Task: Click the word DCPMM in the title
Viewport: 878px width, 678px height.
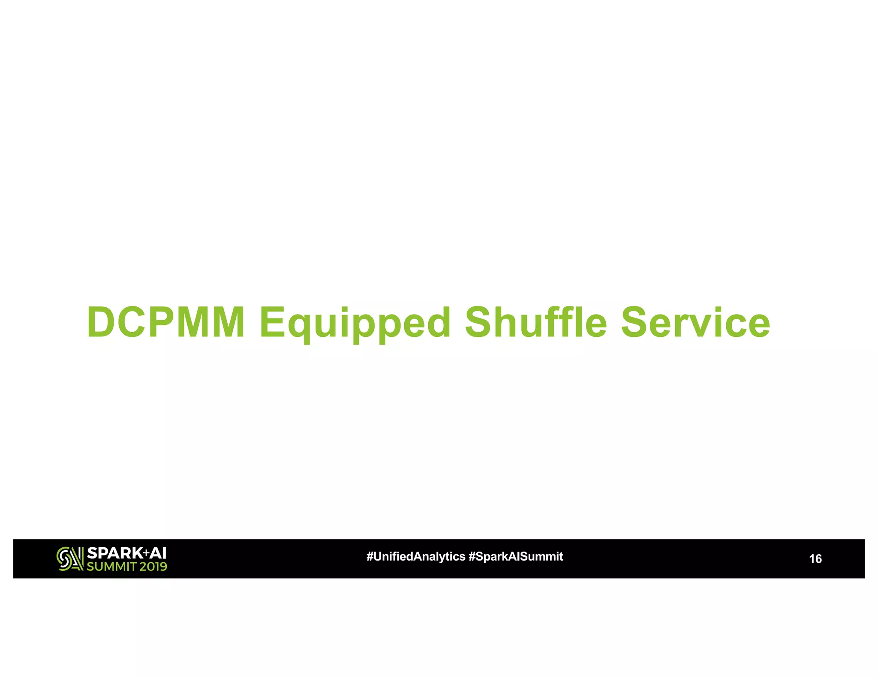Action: click(x=166, y=322)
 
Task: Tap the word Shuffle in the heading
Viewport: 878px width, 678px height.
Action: click(x=536, y=322)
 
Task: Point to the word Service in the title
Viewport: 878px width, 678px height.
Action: click(x=695, y=322)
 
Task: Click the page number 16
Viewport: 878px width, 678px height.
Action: click(x=815, y=559)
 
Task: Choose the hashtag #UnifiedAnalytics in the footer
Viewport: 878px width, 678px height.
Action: click(x=415, y=557)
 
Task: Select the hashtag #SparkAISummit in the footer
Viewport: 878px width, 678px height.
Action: click(x=516, y=557)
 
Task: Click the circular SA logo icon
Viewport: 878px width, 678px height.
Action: click(x=69, y=559)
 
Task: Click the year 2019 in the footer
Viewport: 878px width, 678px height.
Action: click(x=153, y=567)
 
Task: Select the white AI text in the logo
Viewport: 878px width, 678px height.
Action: click(x=158, y=553)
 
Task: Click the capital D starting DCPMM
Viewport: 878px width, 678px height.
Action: click(x=100, y=322)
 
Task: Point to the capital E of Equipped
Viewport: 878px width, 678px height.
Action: click(x=272, y=322)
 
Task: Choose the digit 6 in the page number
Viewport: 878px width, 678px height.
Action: click(x=818, y=559)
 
